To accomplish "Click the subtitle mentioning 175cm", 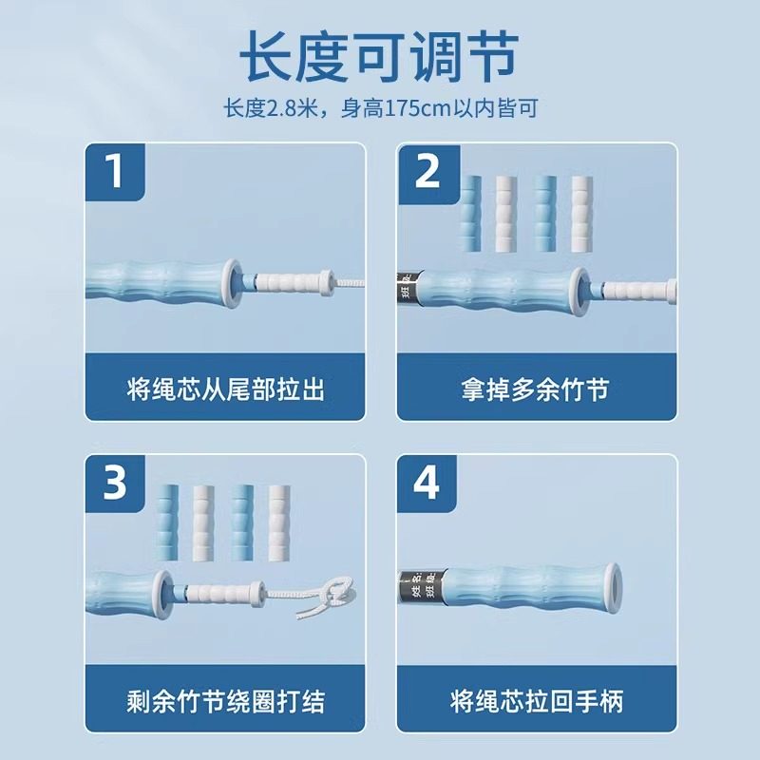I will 379,108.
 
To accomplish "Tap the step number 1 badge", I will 115,173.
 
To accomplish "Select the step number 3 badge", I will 115,484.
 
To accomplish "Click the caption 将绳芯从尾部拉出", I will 225,389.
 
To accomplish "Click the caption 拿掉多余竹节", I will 536,389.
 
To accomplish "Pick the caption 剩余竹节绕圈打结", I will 225,702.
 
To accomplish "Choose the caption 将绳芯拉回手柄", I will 536,702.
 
